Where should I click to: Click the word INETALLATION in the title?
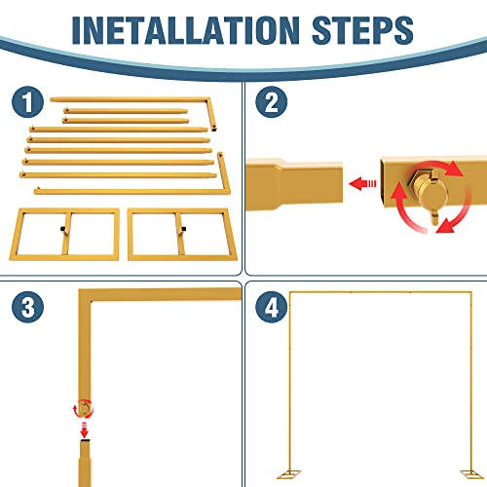click(185, 30)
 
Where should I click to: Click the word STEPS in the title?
click(362, 30)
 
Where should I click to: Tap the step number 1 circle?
click(27, 101)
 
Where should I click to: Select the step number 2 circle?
click(272, 101)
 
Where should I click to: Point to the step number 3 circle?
click(27, 307)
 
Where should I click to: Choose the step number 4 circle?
click(272, 307)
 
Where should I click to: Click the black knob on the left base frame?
click(62, 229)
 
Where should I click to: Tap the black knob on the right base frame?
click(184, 229)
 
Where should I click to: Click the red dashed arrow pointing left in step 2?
click(362, 183)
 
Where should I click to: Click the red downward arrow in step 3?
click(85, 431)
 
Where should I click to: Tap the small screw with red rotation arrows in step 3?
click(84, 408)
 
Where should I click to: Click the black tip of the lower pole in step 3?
click(85, 441)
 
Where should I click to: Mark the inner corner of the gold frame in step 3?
click(92, 302)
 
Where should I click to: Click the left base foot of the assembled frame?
click(289, 474)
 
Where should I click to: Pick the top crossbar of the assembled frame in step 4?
click(380, 292)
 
